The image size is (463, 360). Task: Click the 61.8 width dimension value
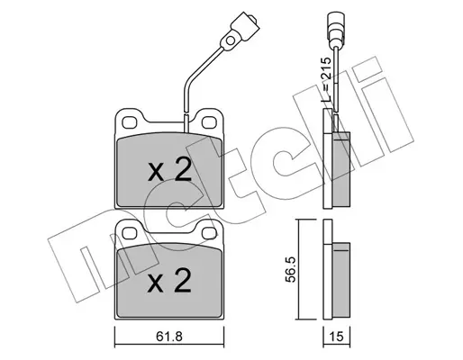pyautogui.click(x=169, y=337)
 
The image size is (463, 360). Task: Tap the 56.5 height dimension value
pyautogui.click(x=291, y=269)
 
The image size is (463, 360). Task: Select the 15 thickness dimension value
pyautogui.click(x=336, y=337)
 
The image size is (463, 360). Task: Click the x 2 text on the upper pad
pyautogui.click(x=169, y=169)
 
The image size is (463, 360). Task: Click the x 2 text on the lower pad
pyautogui.click(x=169, y=280)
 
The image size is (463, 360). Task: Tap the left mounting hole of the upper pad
pyautogui.click(x=130, y=122)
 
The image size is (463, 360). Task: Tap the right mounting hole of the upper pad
pyautogui.click(x=209, y=122)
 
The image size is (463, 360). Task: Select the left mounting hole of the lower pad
pyautogui.click(x=130, y=233)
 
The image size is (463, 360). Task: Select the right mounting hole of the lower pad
pyautogui.click(x=209, y=233)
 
